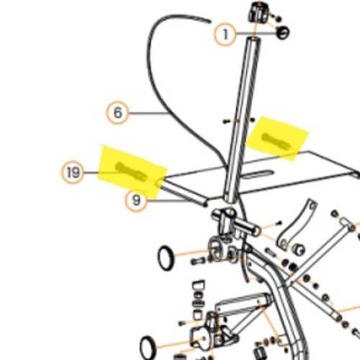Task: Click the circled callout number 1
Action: (225, 35)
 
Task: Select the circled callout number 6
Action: (117, 112)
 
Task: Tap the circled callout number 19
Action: (73, 172)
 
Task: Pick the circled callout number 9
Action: (136, 200)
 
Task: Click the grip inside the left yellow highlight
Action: (132, 171)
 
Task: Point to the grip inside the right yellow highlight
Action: (277, 141)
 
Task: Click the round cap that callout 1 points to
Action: (283, 32)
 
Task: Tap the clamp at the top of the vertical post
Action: (257, 12)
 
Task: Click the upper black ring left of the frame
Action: (166, 258)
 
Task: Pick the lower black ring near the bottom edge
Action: (148, 348)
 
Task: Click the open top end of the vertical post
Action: (254, 40)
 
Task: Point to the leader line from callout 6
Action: (148, 113)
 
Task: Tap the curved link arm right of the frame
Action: (297, 224)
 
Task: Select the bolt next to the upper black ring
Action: (197, 261)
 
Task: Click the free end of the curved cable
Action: (210, 22)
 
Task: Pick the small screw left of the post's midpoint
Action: (225, 122)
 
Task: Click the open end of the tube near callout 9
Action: (204, 204)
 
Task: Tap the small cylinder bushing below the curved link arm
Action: (299, 249)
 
